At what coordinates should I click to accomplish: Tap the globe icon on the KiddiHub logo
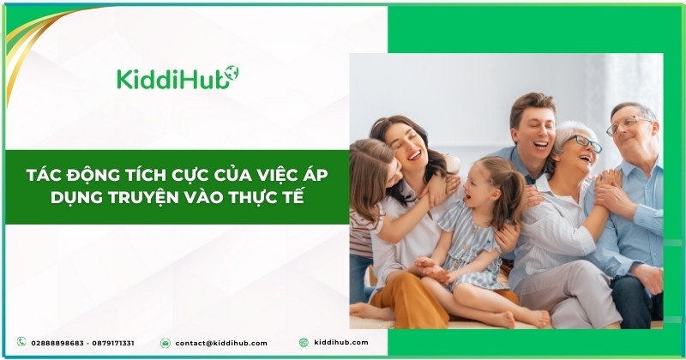(232, 73)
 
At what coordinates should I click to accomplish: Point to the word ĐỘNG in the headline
(90, 176)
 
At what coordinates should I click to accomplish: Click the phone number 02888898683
(57, 344)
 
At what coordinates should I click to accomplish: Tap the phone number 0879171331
(113, 344)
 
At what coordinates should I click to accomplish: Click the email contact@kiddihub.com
(221, 344)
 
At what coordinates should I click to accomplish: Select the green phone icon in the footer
(21, 342)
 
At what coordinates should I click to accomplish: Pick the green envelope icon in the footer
(165, 343)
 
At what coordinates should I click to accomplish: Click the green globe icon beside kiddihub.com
(304, 343)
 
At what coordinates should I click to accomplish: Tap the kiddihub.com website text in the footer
(341, 343)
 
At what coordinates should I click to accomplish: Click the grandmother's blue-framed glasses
(586, 142)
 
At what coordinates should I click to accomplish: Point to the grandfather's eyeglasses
(628, 124)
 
